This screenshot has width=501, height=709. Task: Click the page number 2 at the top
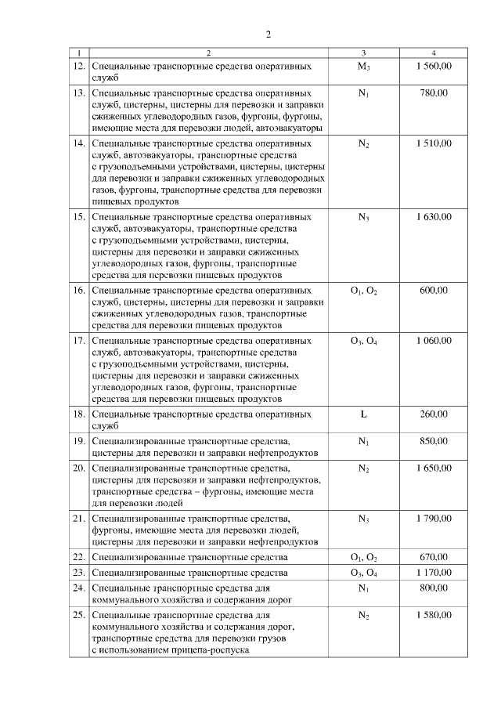tap(268, 34)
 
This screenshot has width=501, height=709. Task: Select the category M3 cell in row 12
tap(363, 67)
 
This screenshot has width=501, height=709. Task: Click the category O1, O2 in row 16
tap(363, 291)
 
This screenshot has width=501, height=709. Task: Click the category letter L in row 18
tap(363, 414)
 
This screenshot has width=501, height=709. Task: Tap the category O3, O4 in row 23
tap(363, 573)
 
